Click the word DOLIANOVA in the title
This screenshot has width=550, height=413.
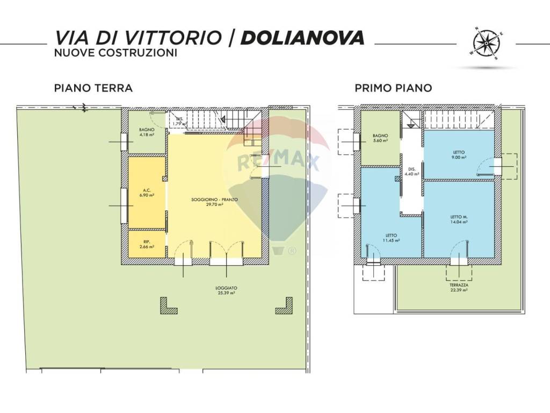click(x=303, y=37)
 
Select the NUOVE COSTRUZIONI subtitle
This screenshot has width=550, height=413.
click(x=115, y=53)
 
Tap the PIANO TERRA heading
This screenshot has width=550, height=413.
click(x=93, y=88)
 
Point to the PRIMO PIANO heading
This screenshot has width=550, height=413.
click(x=393, y=88)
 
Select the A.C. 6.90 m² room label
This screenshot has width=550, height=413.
click(x=146, y=193)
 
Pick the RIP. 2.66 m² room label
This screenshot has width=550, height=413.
click(x=146, y=244)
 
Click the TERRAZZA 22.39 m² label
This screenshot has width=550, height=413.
click(x=459, y=287)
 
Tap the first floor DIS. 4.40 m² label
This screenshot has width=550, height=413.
click(x=411, y=170)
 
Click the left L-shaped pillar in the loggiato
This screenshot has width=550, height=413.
click(x=168, y=306)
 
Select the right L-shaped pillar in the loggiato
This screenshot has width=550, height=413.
click(x=284, y=306)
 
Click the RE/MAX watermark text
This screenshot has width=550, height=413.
click(x=278, y=161)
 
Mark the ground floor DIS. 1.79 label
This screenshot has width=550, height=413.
click(x=178, y=121)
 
